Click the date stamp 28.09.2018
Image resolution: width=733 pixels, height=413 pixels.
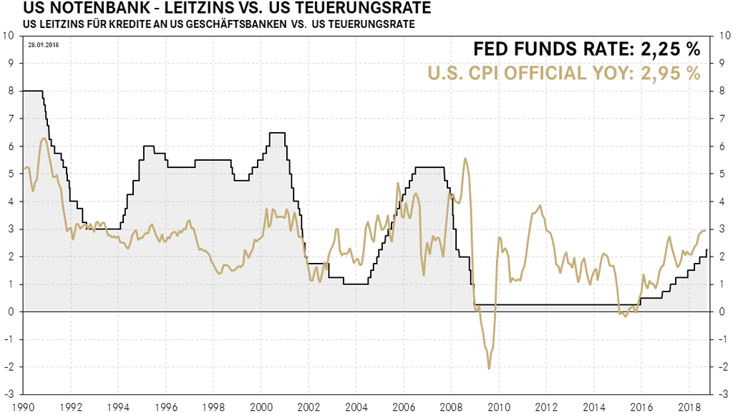click(42, 44)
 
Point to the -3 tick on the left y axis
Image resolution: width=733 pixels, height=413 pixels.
click(8, 394)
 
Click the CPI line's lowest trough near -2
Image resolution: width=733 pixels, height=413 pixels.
click(489, 368)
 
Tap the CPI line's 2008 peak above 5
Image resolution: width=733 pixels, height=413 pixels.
click(466, 159)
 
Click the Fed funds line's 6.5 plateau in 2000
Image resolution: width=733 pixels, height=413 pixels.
click(277, 133)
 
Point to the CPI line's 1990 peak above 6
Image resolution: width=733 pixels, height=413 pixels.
click(44, 139)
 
